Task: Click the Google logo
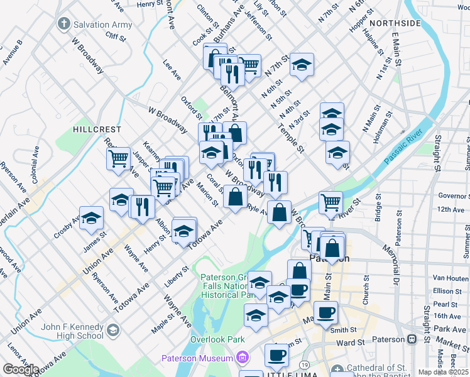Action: tap(20, 369)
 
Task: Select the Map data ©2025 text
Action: tap(443, 372)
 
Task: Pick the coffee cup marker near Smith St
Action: tap(325, 312)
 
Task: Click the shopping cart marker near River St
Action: tap(331, 202)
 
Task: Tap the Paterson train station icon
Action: tap(412, 339)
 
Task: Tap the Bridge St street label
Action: tap(379, 208)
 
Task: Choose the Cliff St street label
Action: tap(116, 37)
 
